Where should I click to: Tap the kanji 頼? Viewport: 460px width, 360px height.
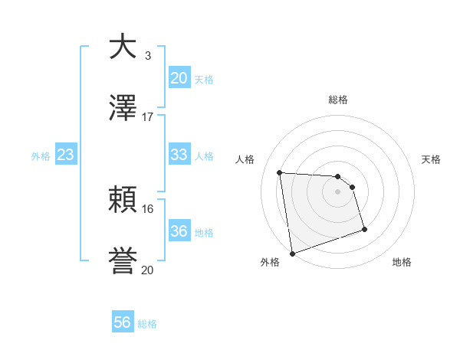123,201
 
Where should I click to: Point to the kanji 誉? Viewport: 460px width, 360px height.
123,262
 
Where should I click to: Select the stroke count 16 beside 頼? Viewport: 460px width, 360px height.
147,208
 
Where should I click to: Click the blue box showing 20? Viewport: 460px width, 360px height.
179,78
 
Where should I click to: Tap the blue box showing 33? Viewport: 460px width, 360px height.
179,155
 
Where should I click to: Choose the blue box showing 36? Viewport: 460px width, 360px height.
179,231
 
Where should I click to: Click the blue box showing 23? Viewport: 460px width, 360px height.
66,155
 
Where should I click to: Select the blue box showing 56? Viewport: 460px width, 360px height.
123,323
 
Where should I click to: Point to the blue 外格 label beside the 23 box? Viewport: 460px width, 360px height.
41,156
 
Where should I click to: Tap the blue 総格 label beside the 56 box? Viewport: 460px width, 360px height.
147,324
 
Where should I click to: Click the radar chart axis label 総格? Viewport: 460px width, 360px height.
338,100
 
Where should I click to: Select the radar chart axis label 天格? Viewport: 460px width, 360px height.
431,159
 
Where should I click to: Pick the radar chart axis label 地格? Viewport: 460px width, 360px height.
402,262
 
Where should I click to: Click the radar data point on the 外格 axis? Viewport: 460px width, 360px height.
292,252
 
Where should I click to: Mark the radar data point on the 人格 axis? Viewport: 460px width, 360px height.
280,172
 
